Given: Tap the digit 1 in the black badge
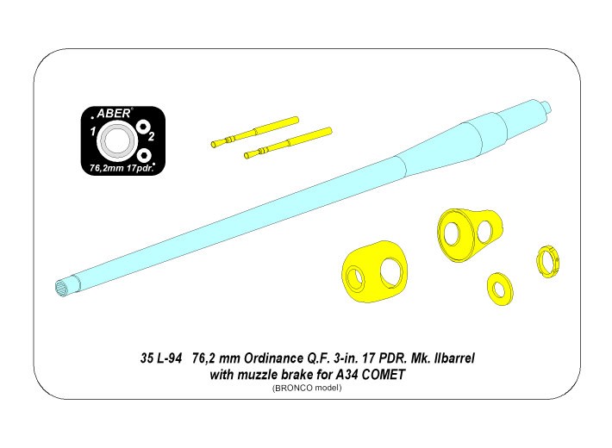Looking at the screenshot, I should (91, 132).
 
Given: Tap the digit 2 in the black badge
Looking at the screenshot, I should (152, 137).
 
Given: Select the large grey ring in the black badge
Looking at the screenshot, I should (115, 139).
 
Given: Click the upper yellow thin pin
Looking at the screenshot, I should (254, 131).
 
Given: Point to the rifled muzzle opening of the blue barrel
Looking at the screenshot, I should (63, 287).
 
